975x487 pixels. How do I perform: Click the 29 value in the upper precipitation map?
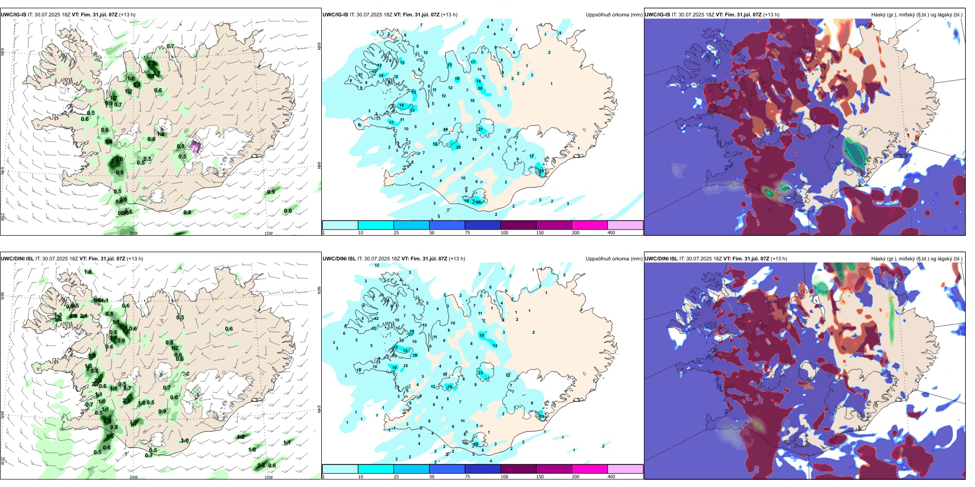[541, 170]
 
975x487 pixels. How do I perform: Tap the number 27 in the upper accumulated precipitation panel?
[480, 129]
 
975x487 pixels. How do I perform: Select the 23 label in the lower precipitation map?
[480, 373]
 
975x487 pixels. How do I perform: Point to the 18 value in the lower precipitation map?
[476, 444]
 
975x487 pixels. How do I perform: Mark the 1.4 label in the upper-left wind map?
[108, 141]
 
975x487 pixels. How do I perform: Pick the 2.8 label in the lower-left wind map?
[108, 420]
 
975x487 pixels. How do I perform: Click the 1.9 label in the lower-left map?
[92, 355]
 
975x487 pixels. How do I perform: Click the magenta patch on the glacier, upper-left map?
[195, 147]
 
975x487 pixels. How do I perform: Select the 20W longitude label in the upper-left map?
[133, 233]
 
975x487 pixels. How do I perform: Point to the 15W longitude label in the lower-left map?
[268, 477]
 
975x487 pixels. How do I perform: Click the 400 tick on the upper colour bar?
[611, 233]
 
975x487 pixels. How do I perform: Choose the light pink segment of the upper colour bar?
[625, 225]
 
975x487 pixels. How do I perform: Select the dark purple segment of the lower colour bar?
[518, 469]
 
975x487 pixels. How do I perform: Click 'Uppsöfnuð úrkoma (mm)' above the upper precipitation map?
[614, 15]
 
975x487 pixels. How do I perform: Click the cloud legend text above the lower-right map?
[917, 259]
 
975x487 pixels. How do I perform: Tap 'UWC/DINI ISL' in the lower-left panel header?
[17, 259]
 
